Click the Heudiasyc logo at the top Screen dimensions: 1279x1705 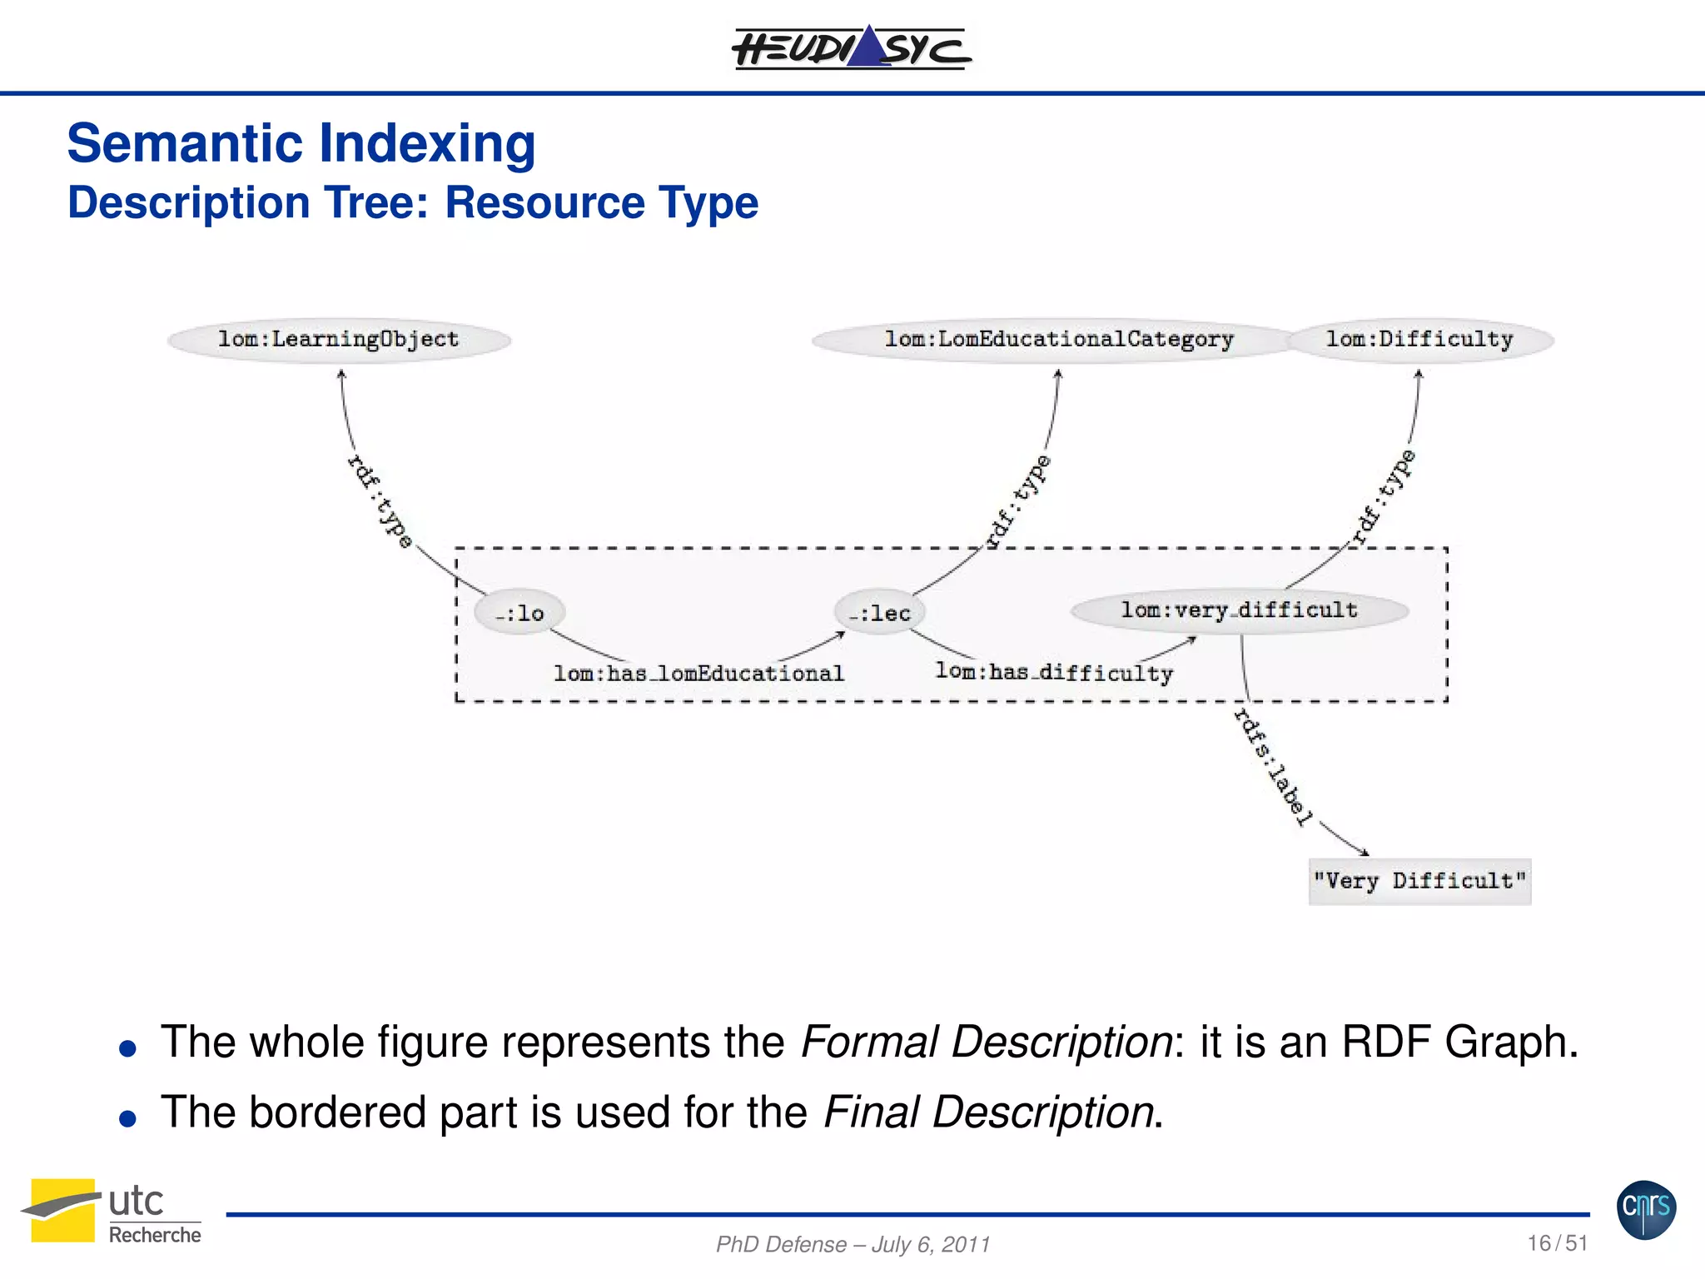coord(851,47)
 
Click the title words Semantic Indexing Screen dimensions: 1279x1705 coord(301,143)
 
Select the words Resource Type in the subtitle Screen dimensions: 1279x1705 coord(602,203)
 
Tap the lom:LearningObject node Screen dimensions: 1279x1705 coord(339,340)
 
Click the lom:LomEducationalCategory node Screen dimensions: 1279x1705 coord(1057,340)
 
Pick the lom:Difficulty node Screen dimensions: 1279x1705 coord(1419,340)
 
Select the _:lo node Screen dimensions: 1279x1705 coord(519,614)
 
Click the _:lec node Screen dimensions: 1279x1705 coord(880,614)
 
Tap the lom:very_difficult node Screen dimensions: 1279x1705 coord(1239,610)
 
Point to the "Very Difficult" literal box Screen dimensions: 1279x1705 coord(1419,881)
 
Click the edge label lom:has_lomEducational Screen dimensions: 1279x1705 coord(698,673)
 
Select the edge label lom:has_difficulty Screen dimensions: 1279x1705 coord(1054,672)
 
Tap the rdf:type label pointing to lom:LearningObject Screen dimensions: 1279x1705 coord(380,501)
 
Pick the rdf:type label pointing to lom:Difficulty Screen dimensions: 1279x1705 coord(1383,497)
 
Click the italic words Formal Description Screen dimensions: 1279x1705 coord(987,1042)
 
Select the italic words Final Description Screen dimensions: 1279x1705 coord(988,1112)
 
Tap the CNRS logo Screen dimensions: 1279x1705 coord(1646,1210)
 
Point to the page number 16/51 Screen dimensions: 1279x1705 coord(1557,1243)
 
